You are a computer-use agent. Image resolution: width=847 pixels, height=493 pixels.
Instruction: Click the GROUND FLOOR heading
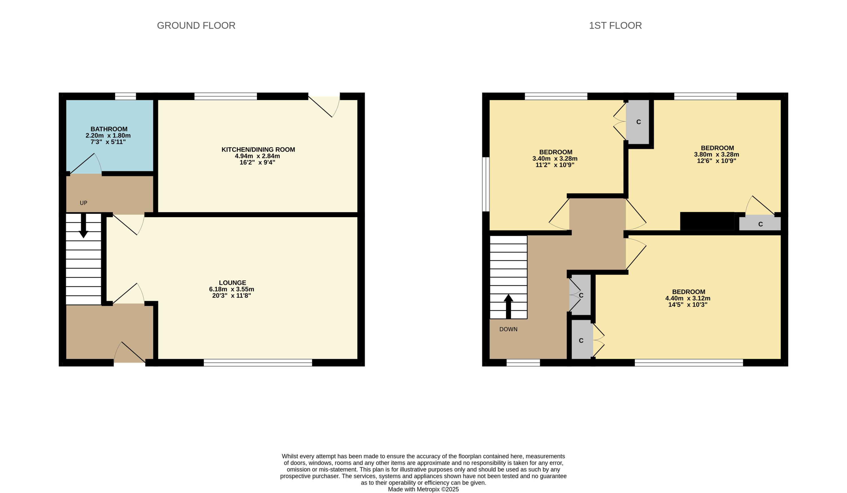(x=196, y=25)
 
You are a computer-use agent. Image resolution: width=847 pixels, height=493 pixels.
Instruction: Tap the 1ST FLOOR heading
(x=615, y=25)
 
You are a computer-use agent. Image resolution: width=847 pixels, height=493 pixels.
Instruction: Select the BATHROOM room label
(x=109, y=129)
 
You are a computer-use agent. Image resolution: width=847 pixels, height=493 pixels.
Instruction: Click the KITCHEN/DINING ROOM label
(x=258, y=150)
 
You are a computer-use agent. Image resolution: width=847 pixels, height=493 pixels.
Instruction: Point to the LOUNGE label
(x=232, y=283)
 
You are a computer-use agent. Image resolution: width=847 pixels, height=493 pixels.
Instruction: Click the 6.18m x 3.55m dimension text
(x=232, y=289)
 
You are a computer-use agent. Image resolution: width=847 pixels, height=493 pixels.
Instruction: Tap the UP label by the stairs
(x=83, y=203)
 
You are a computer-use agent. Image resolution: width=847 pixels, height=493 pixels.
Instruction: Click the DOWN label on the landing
(x=508, y=329)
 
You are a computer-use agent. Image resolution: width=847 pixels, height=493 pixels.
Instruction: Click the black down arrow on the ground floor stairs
(x=83, y=226)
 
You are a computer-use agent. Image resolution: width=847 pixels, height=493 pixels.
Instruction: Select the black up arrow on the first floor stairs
(x=508, y=306)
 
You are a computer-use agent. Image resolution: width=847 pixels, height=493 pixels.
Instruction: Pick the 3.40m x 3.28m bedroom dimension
(x=555, y=159)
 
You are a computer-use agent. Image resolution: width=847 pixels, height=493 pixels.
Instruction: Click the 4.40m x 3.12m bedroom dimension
(x=688, y=298)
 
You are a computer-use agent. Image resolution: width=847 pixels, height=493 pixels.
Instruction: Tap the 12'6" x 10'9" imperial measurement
(x=717, y=161)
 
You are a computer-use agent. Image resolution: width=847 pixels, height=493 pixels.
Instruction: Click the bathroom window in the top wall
(x=125, y=96)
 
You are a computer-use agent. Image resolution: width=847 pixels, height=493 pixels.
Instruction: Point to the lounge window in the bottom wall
(x=258, y=362)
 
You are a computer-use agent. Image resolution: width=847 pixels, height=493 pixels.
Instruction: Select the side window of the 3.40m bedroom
(x=486, y=184)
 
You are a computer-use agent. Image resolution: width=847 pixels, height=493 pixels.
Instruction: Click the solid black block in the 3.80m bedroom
(x=707, y=221)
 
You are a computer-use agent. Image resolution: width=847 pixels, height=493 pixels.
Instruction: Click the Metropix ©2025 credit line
(x=423, y=489)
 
